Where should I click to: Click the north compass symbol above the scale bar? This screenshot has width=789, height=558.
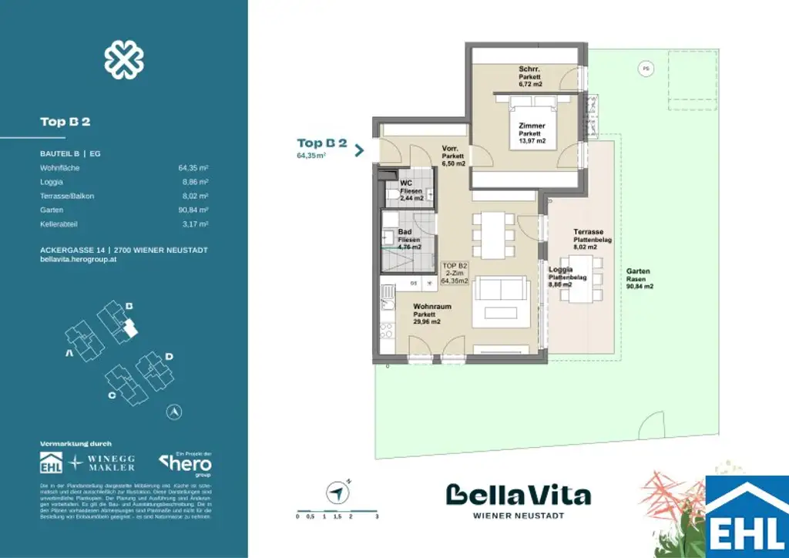[337, 490]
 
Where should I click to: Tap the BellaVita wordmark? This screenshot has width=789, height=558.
[519, 494]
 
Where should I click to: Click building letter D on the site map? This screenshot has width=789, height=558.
[169, 356]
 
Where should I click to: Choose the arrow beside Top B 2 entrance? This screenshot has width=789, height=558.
[359, 149]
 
